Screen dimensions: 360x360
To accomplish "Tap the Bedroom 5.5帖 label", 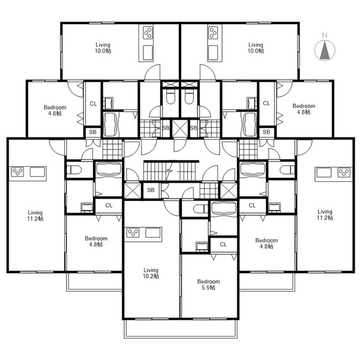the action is coord(208,284).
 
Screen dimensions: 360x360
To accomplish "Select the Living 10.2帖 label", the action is coord(151,273).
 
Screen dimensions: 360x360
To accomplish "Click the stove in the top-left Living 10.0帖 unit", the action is coord(148,33).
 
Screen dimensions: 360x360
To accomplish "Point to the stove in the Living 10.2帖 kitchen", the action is coord(133,233).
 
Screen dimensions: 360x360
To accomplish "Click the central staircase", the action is coord(171,171).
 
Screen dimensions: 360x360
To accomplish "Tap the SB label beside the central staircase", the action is coord(151,190).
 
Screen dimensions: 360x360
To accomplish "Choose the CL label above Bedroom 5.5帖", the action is coord(223,245).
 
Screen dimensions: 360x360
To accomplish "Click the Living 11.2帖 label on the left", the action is coord(35,215).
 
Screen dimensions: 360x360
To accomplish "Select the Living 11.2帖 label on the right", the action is coord(325,214).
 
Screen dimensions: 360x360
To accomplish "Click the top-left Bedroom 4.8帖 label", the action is coord(55,110).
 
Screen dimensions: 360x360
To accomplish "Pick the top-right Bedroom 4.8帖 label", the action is coord(304,109).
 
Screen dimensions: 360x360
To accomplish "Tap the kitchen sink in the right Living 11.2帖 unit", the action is coord(324,172).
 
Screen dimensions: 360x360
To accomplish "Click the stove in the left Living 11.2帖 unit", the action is coord(17,172).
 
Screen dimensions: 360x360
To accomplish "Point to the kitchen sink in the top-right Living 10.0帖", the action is coord(213,52).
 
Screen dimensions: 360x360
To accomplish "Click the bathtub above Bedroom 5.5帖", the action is coord(224,208).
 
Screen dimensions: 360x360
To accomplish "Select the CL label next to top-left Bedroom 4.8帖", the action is coord(93,104).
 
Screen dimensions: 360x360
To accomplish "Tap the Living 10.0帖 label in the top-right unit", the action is coord(256,48).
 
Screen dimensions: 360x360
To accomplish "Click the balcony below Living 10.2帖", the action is coord(181,329).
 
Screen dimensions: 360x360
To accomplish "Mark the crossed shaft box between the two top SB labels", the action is coord(180,128).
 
